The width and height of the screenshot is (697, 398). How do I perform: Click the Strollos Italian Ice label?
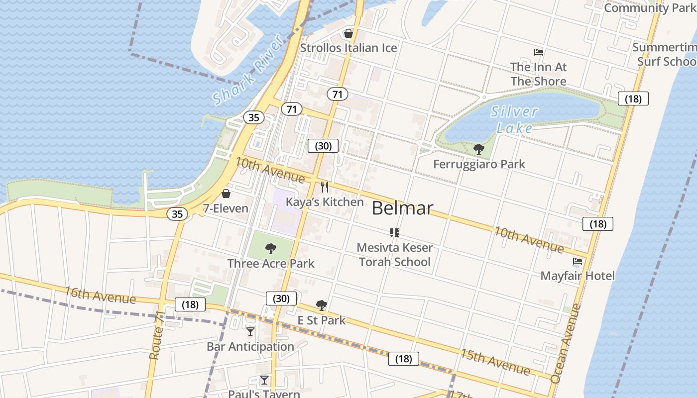(348, 48)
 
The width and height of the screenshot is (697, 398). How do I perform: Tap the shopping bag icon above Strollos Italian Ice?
(348, 33)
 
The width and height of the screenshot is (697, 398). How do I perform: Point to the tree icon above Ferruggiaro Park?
(478, 149)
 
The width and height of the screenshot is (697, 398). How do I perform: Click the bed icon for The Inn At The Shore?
(538, 52)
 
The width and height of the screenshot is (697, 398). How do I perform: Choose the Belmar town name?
(402, 208)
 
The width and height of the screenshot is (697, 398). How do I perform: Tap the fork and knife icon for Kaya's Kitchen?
(325, 187)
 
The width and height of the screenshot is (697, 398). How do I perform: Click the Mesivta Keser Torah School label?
(395, 254)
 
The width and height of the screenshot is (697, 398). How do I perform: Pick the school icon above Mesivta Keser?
(395, 232)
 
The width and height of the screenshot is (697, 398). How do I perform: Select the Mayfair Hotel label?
(578, 276)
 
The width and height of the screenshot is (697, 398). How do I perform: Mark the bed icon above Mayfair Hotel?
(578, 261)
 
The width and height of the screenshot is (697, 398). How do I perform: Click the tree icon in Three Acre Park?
(270, 248)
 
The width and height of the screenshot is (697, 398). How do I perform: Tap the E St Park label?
(322, 320)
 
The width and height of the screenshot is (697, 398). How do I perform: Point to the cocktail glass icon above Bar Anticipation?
(250, 331)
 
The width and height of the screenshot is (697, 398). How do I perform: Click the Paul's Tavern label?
(264, 394)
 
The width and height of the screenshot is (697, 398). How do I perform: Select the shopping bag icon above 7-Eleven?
(226, 194)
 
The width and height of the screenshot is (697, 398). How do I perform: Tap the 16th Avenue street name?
(100, 295)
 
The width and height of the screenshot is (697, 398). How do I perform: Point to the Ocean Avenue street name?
(566, 343)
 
